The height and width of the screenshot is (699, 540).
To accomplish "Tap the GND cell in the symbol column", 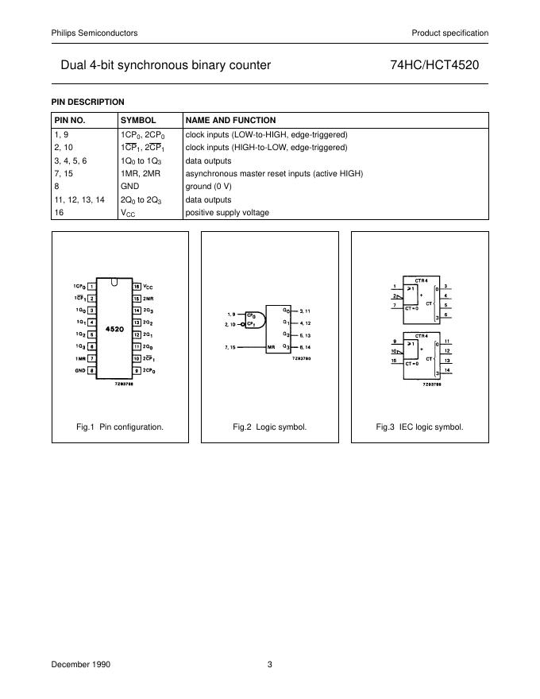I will point(129,187).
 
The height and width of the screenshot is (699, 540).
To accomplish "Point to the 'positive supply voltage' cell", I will point(227,213).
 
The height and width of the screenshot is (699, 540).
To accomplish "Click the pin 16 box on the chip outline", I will point(137,286).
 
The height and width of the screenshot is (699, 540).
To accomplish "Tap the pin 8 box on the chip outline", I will point(92,371).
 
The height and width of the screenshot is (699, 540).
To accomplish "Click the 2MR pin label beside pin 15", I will point(149,298).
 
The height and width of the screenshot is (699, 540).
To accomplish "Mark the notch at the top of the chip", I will point(115,282).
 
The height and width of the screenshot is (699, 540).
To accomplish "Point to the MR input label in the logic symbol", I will point(271,348).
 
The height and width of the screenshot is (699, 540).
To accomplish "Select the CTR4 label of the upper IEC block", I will point(421,280).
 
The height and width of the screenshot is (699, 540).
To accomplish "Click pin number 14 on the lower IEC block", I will point(448,371).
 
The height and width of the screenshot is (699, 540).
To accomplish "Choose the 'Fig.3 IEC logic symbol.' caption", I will point(419,427).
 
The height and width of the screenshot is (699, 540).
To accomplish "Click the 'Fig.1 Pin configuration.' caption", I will point(120,427).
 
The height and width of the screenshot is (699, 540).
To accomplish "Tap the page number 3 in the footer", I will point(270,666).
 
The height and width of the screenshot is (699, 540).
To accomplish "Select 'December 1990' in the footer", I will point(82,666).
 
